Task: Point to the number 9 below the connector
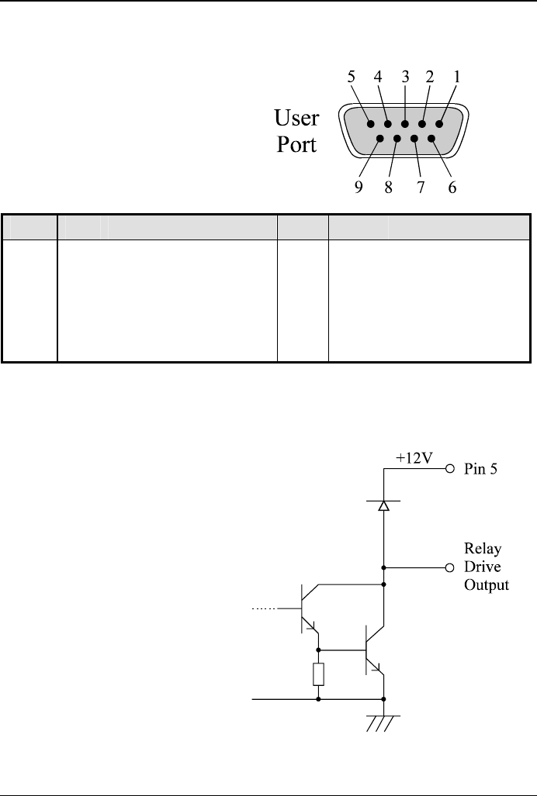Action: pos(359,187)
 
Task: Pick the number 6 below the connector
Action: pos(451,187)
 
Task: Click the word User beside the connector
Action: pos(296,119)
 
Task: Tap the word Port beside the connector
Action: pos(297,145)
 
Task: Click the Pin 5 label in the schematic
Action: pos(483,470)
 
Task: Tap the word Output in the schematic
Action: pos(487,584)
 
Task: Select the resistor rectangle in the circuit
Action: pos(318,674)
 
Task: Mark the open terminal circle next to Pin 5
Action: pos(449,470)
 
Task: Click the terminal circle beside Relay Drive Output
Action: pos(449,567)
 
